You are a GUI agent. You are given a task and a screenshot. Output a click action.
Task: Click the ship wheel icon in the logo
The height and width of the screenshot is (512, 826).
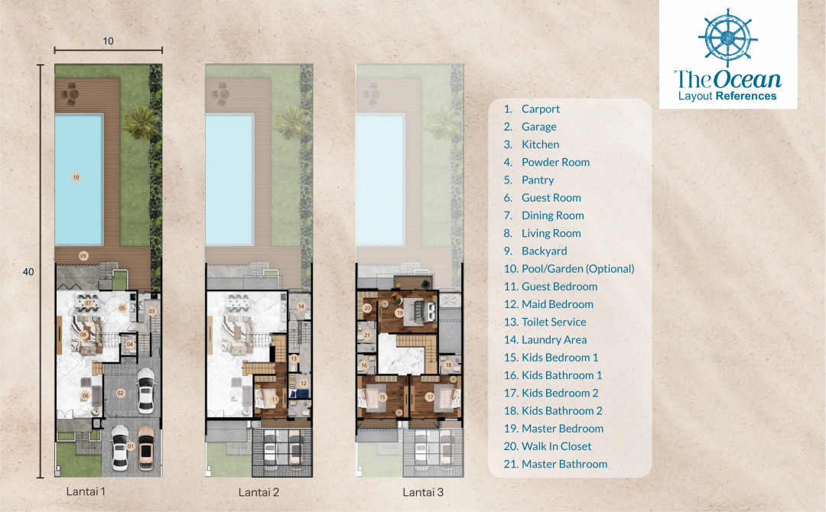click(x=727, y=37)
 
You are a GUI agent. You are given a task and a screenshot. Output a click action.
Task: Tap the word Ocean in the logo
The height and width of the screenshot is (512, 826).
click(x=747, y=79)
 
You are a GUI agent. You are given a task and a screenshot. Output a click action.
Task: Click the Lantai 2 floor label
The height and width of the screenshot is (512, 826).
click(x=259, y=493)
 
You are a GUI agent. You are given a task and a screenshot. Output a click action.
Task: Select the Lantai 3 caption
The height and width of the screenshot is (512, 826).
click(x=423, y=493)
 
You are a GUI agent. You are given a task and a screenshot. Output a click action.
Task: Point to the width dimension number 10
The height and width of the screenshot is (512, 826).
click(x=108, y=41)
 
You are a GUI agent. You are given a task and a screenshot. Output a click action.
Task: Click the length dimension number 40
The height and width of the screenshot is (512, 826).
click(x=28, y=271)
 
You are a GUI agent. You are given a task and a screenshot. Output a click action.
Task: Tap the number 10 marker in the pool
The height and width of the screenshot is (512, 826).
click(x=76, y=177)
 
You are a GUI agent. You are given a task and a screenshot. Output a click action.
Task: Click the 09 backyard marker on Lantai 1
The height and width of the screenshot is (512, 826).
click(x=83, y=256)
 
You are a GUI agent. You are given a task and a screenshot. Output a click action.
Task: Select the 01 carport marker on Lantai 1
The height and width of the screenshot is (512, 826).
click(x=131, y=447)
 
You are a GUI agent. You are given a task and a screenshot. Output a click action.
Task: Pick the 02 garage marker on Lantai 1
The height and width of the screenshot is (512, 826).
click(x=121, y=393)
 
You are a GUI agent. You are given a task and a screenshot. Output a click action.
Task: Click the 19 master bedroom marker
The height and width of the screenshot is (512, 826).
click(x=400, y=313)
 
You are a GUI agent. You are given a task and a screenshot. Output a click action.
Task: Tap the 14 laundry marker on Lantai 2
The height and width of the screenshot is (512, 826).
click(x=301, y=306)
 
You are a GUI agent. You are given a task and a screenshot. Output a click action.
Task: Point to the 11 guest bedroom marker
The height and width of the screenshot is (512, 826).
click(x=275, y=400)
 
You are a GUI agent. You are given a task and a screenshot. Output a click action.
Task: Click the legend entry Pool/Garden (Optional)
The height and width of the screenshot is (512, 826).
click(x=569, y=269)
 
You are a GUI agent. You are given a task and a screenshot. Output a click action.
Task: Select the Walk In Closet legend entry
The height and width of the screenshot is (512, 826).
click(x=548, y=446)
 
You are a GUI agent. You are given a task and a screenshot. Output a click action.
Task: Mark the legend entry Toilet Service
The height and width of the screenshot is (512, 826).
click(x=545, y=322)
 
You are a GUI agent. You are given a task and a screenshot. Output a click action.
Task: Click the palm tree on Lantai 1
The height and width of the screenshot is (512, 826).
click(x=140, y=122)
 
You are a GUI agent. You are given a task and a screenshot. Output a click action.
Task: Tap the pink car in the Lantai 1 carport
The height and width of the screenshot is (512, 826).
click(x=146, y=448)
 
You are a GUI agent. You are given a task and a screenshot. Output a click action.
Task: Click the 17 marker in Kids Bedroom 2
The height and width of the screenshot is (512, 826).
click(x=430, y=397)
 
